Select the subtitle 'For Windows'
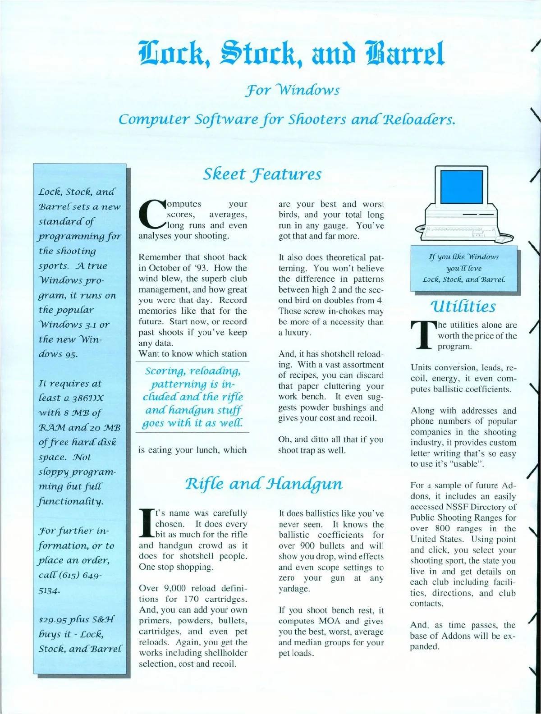click(292, 90)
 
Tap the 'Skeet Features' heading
click(262, 174)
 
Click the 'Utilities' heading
click(463, 307)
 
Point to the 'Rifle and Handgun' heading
click(264, 484)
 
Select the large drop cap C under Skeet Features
click(152, 214)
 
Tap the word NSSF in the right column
click(458, 507)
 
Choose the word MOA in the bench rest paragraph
click(329, 621)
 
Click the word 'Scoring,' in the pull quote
click(165, 371)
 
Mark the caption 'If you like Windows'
click(463, 257)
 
